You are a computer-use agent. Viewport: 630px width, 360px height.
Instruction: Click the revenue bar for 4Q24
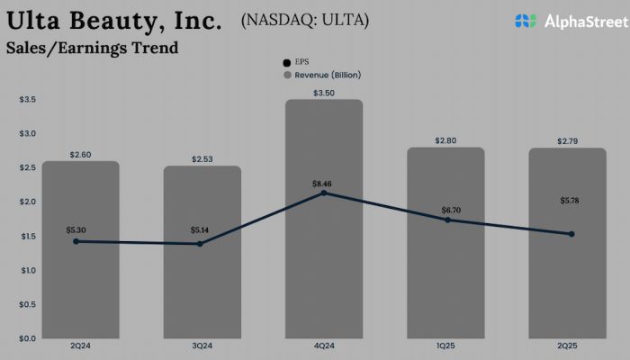point(324,261)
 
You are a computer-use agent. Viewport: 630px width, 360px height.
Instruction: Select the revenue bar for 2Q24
point(81,288)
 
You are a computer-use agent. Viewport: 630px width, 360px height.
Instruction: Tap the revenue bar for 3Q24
point(202,288)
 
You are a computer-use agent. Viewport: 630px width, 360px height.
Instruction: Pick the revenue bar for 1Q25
point(445,279)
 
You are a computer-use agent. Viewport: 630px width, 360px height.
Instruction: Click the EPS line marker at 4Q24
point(324,193)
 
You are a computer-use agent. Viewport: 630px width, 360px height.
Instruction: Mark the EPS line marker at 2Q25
point(571,234)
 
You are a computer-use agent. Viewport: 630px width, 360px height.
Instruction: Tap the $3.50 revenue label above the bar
point(324,93)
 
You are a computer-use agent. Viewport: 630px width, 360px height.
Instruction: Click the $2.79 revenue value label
point(567,141)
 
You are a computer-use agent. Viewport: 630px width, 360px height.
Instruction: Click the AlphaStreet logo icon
point(526,20)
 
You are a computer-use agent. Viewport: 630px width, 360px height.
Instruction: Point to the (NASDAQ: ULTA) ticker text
point(305,19)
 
